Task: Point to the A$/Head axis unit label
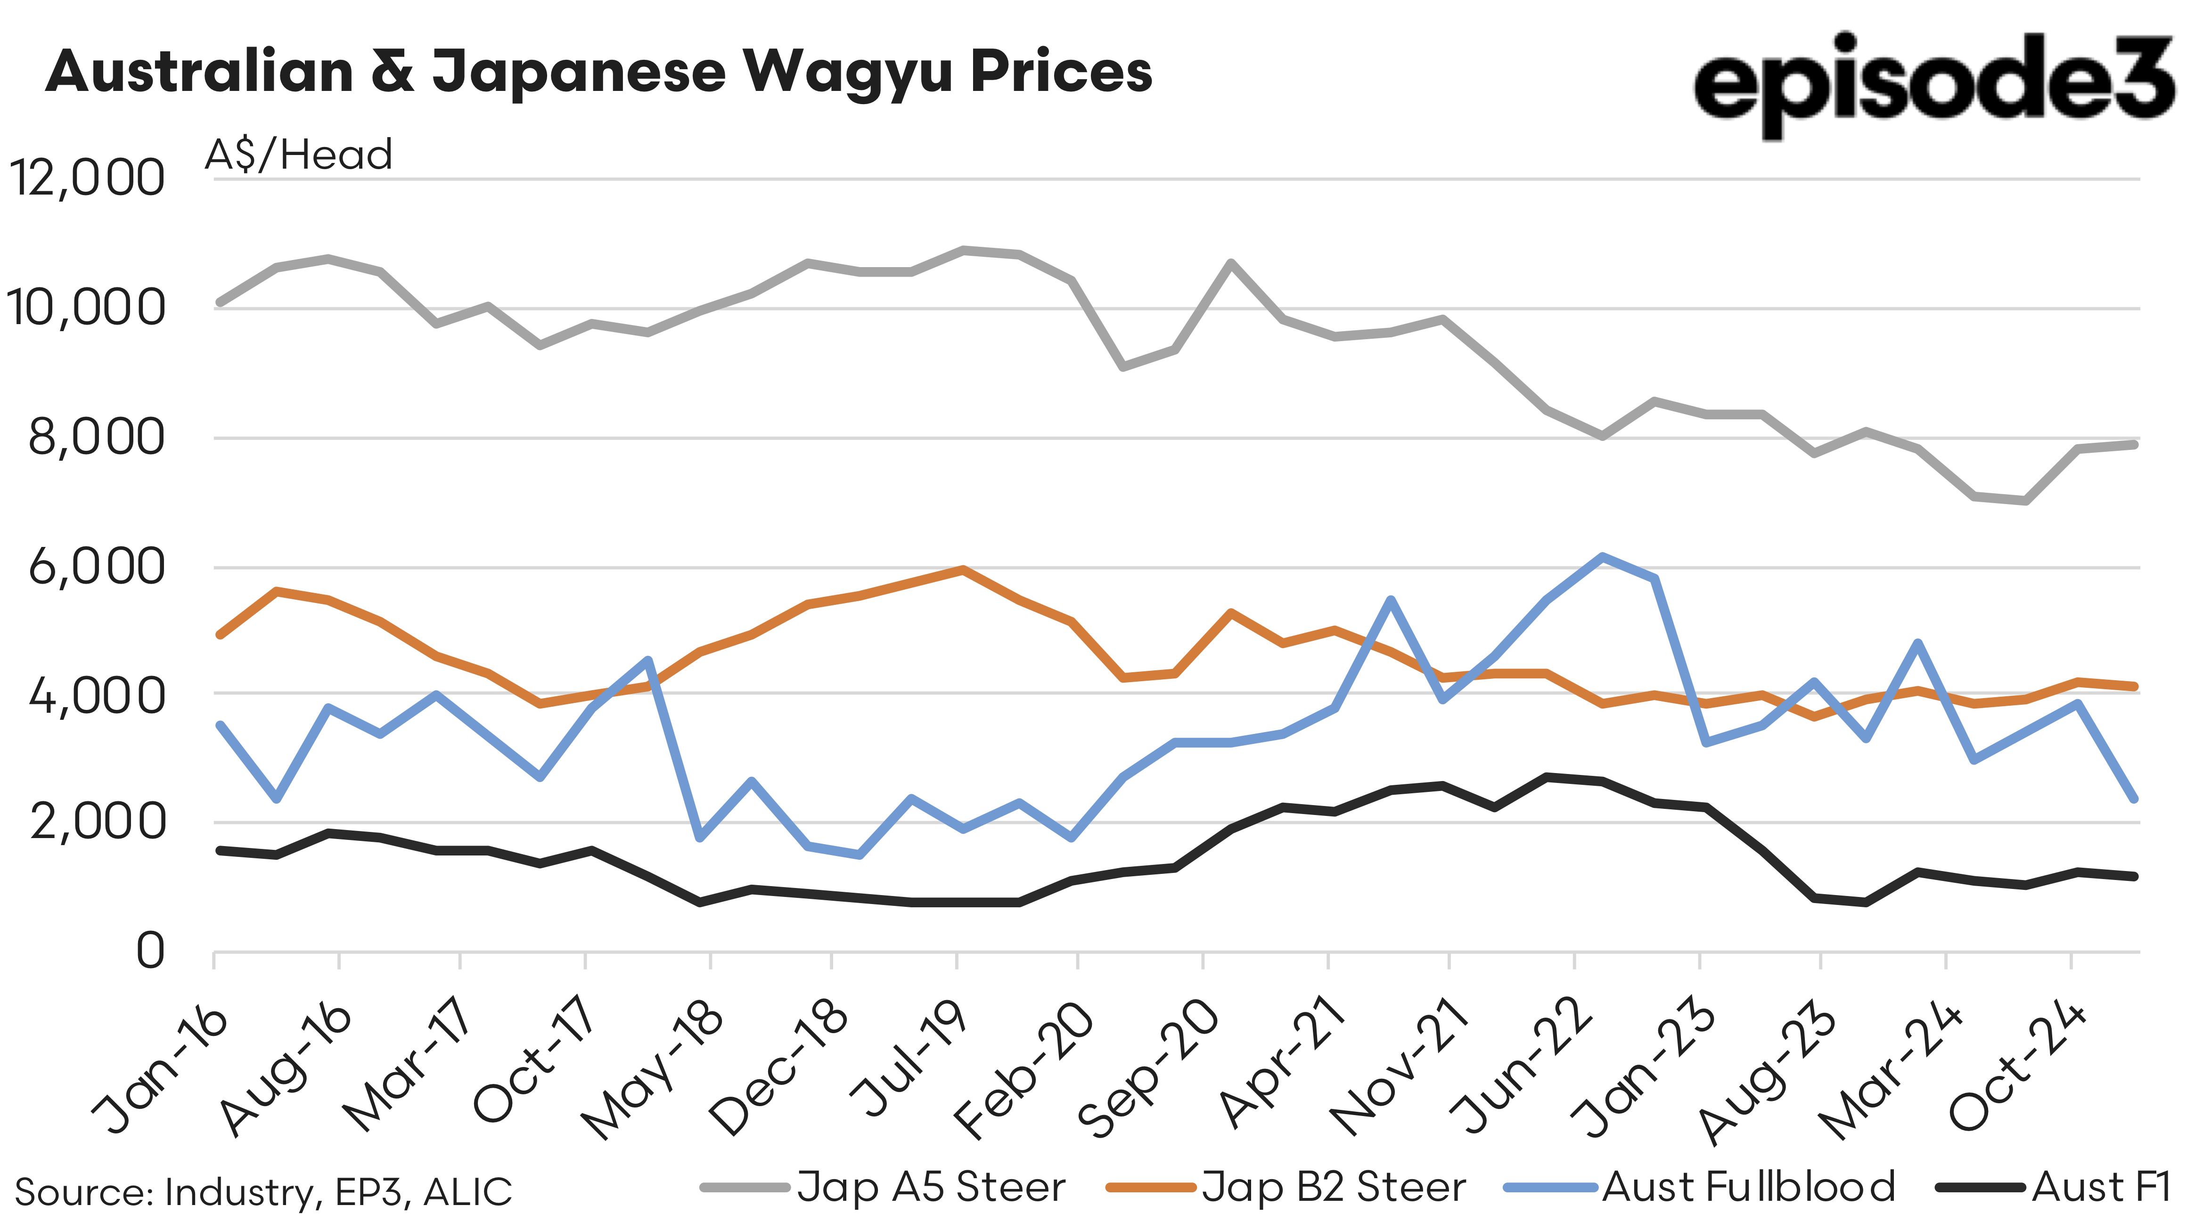[298, 155]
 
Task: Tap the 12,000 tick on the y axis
[85, 178]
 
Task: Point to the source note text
[263, 1192]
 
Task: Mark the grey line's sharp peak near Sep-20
[1230, 263]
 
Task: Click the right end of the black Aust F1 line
[2135, 876]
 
